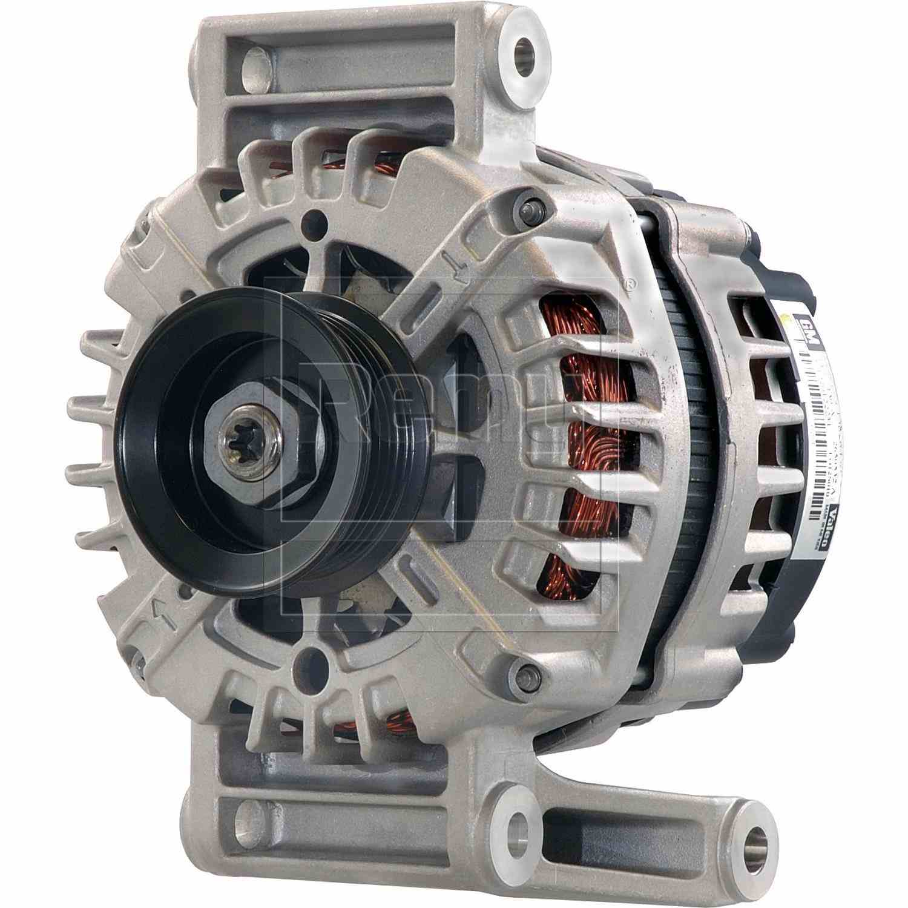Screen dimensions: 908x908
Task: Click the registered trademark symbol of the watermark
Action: [630, 283]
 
